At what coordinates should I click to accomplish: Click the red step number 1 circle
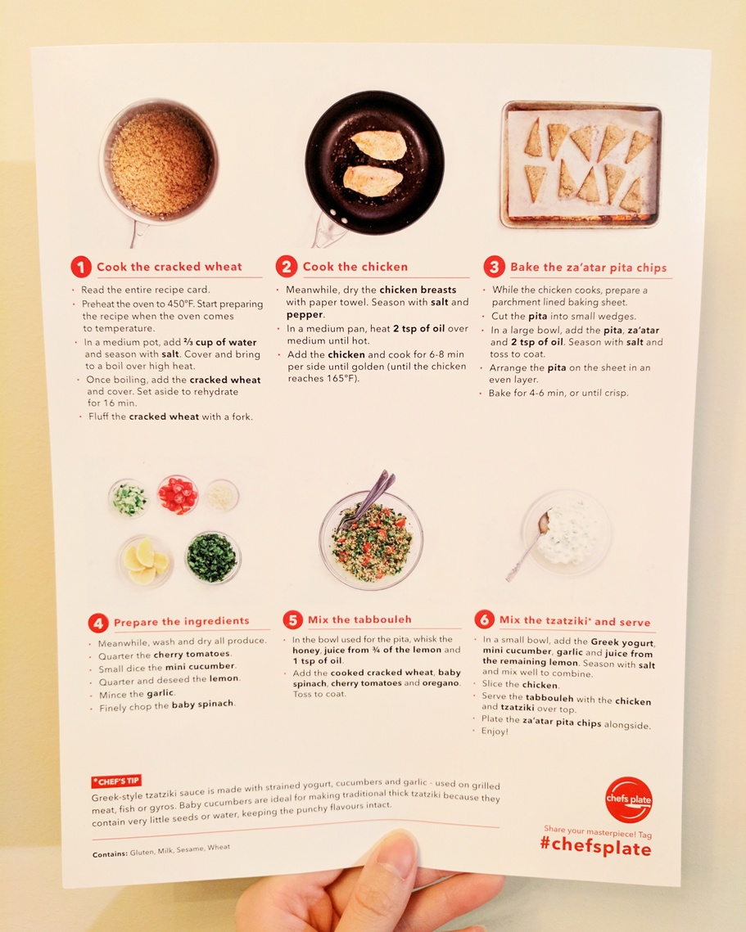(x=81, y=267)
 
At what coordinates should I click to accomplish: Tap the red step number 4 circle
(x=98, y=623)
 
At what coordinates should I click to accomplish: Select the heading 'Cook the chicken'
(x=355, y=267)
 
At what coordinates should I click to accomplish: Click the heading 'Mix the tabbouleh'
(x=359, y=619)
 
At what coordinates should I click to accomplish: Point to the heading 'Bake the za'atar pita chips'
(x=588, y=268)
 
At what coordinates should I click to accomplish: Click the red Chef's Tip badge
(x=116, y=781)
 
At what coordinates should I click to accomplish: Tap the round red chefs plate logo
(x=628, y=800)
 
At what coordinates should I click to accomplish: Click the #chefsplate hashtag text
(x=595, y=845)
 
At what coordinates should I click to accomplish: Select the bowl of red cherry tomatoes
(x=178, y=494)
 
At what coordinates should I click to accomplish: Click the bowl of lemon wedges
(x=145, y=561)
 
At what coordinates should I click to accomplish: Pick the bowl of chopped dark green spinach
(x=212, y=557)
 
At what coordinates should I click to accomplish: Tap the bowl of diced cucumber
(x=129, y=498)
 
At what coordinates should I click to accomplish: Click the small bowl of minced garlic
(x=223, y=495)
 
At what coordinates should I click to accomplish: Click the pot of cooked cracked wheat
(x=159, y=162)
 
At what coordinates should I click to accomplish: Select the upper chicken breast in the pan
(x=379, y=145)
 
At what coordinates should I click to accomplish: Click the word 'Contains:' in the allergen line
(x=110, y=854)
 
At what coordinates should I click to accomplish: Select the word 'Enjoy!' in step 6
(x=495, y=731)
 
